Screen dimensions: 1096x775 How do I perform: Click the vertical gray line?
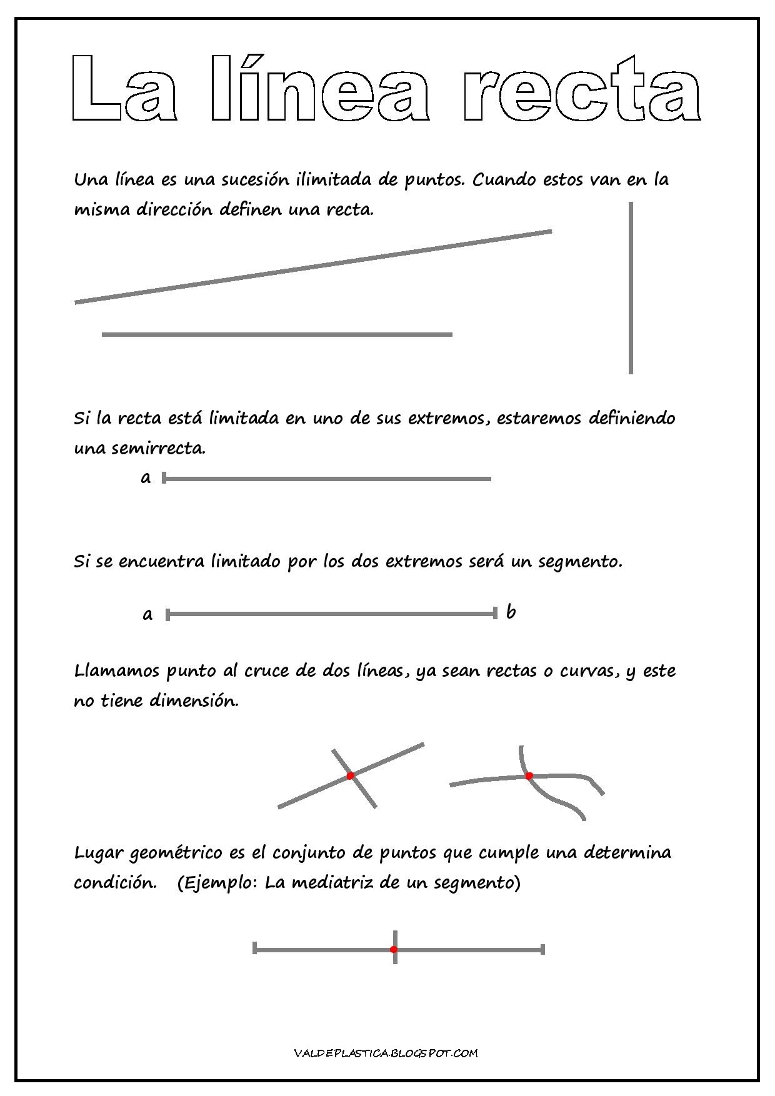coord(631,287)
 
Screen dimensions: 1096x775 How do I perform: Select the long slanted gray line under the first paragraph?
coord(312,267)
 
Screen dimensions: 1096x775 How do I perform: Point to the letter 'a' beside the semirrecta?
coord(146,479)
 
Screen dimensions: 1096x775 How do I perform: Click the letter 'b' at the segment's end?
coord(511,612)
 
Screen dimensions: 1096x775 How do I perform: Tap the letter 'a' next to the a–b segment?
coord(147,615)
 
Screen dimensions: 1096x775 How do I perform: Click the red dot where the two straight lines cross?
coord(350,775)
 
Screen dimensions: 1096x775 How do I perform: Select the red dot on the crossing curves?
coord(529,776)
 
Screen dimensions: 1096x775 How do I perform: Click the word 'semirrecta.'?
coord(139,448)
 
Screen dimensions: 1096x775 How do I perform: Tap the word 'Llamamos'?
coord(117,671)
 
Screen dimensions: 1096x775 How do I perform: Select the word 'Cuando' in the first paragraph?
coord(503,180)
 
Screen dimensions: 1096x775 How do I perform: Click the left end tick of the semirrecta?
coord(164,479)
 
